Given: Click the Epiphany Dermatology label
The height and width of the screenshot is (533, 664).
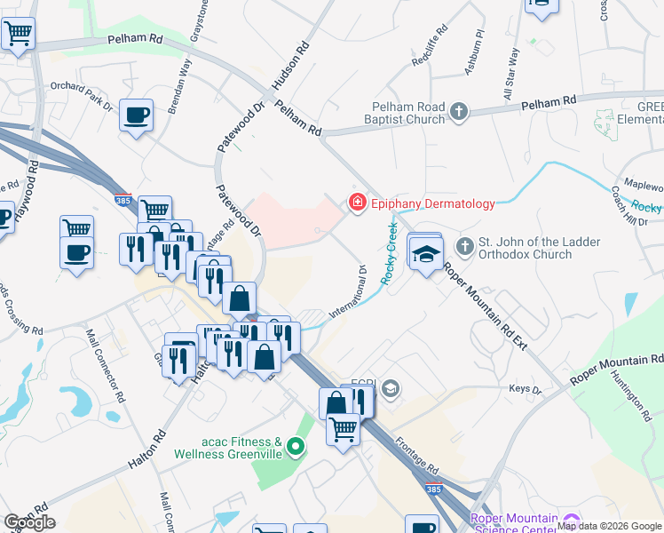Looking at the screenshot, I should [433, 203].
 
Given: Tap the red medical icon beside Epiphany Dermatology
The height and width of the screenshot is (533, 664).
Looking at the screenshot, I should [358, 203].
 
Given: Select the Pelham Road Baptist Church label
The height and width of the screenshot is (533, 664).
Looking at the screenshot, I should [408, 113].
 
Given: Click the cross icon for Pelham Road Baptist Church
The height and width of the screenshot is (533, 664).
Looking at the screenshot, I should [458, 111].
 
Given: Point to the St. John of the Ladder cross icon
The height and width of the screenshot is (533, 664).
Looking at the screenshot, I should [464, 245].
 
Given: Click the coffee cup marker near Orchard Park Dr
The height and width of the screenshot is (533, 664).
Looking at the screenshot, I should [137, 115].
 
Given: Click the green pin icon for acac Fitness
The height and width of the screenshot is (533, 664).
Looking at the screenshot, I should [297, 447].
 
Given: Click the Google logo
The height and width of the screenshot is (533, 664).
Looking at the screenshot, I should [28, 522].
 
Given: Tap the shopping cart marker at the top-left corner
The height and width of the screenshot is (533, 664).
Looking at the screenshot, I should [18, 35].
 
